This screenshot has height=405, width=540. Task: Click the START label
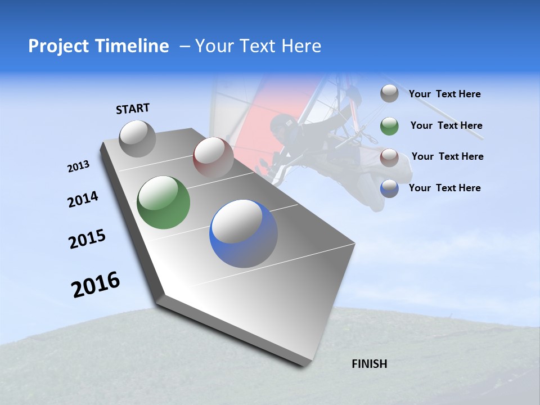(133, 109)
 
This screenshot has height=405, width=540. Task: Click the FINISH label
(370, 364)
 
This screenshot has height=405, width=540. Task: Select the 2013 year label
(78, 166)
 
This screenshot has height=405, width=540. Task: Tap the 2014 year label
(83, 199)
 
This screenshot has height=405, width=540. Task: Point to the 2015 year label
(87, 239)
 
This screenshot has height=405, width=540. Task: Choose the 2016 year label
(96, 285)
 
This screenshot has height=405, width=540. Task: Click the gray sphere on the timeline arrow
(138, 138)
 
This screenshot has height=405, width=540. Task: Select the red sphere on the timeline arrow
(213, 157)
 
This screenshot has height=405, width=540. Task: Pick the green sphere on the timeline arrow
(164, 202)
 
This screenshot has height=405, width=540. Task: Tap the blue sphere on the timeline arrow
(244, 233)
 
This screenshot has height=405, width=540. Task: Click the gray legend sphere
(389, 93)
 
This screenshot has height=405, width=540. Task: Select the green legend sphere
(389, 126)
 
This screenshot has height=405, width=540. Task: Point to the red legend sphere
(389, 157)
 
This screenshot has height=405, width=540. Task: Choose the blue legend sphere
(389, 188)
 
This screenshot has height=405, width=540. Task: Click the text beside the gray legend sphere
(444, 94)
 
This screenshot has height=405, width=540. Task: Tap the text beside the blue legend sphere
(444, 188)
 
